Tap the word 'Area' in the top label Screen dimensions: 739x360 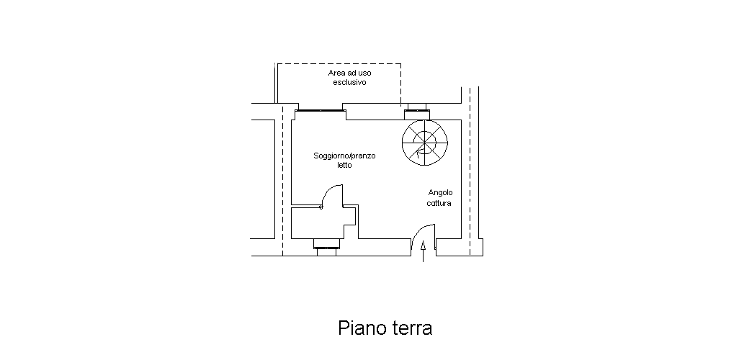[336, 73]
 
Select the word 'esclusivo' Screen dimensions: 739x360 [350, 82]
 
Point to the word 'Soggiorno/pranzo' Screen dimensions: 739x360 [344, 156]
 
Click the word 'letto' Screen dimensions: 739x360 [344, 165]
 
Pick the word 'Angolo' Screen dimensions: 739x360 [441, 193]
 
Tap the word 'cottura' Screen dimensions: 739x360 [439, 203]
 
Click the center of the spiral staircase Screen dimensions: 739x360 [425, 143]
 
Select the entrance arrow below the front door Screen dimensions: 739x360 [423, 251]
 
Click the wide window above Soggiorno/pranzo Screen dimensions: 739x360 [321, 110]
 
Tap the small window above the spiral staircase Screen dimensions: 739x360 [417, 111]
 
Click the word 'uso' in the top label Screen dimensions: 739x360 [364, 73]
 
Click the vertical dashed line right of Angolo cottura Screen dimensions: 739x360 [470, 171]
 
